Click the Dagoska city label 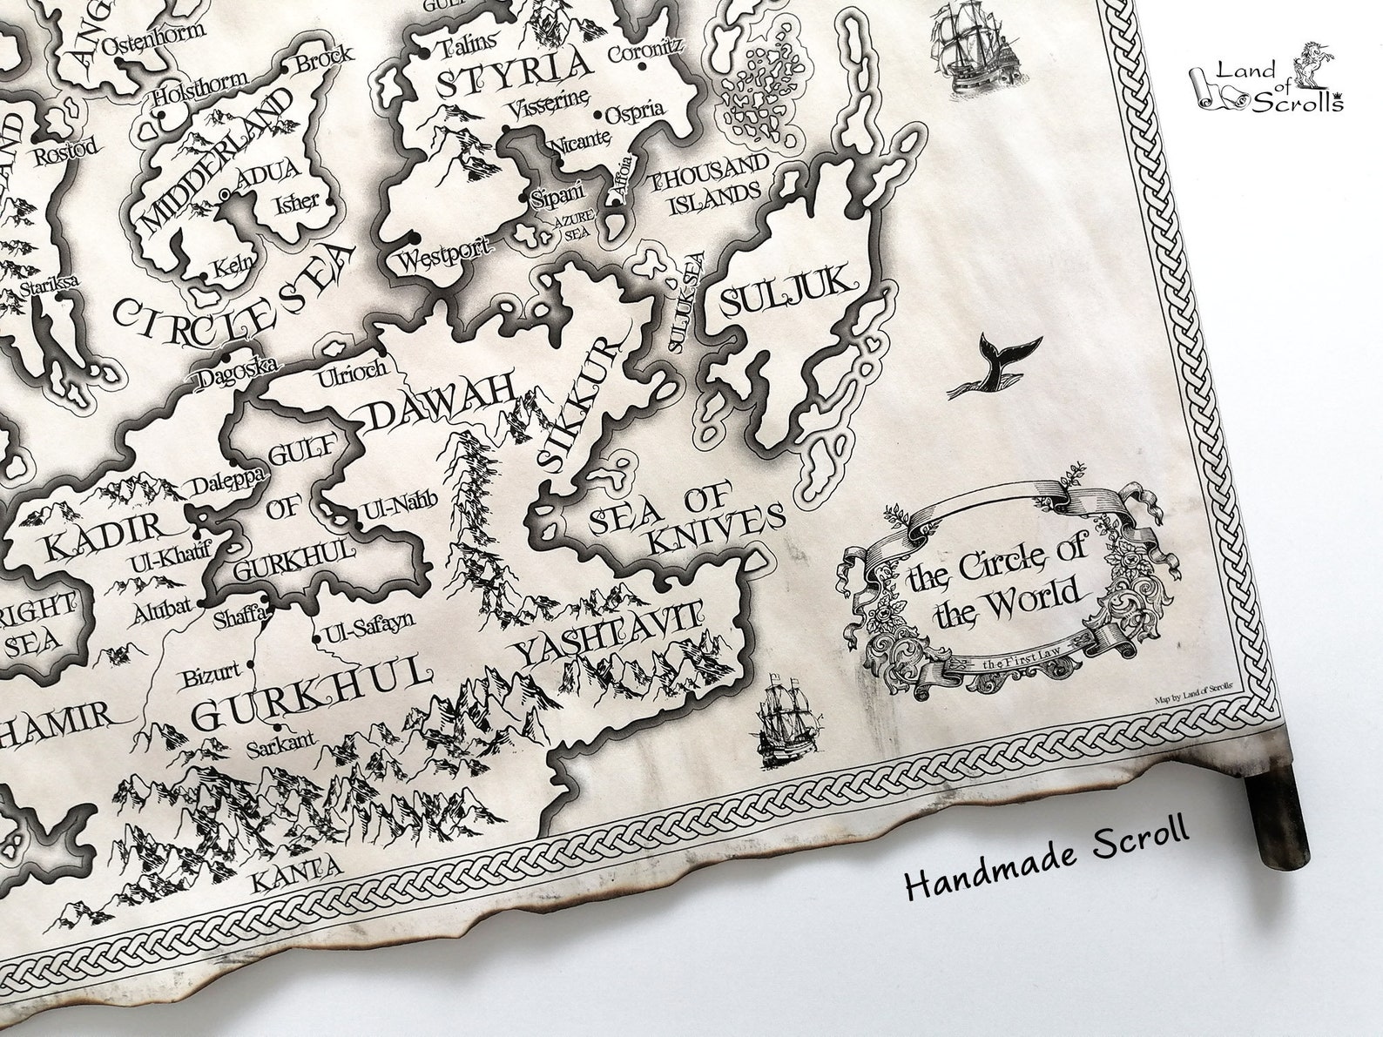tap(235, 375)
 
